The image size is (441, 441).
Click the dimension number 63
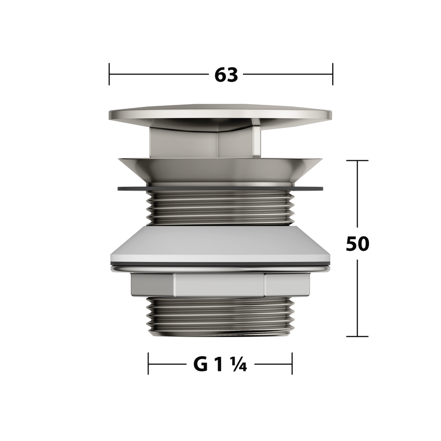(x=226, y=75)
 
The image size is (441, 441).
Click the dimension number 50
(x=357, y=244)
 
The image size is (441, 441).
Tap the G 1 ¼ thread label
(x=220, y=364)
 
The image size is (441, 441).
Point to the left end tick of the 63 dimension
(x=109, y=74)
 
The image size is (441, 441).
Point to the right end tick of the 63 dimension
(x=333, y=74)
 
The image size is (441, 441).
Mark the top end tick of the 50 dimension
(x=357, y=161)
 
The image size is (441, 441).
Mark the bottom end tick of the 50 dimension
(x=357, y=336)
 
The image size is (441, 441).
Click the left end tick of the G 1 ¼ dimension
(x=148, y=364)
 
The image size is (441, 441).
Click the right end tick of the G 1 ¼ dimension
(x=292, y=364)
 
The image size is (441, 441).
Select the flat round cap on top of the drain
(x=220, y=114)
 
